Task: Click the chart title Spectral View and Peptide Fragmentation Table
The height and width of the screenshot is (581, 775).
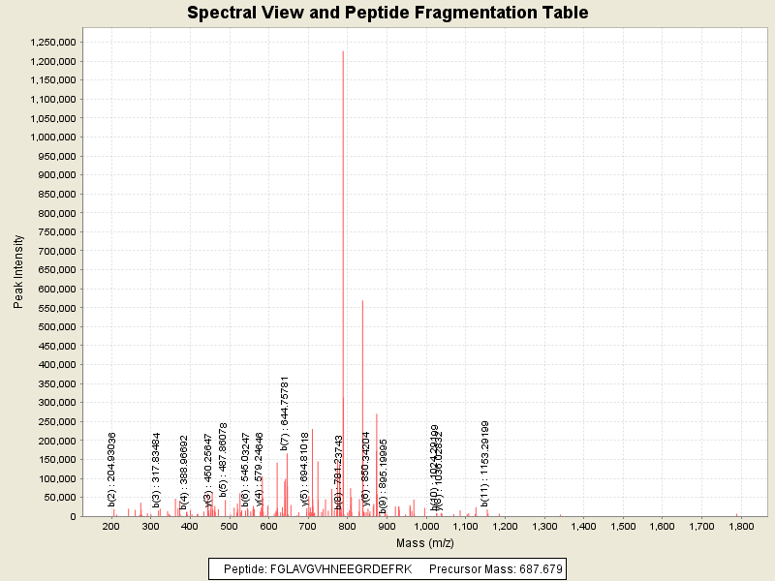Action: coord(387,14)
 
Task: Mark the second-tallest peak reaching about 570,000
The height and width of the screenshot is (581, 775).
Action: coord(362,407)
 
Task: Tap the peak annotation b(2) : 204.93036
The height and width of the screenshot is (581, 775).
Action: coord(112,469)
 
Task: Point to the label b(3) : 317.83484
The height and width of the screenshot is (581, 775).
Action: coord(156,470)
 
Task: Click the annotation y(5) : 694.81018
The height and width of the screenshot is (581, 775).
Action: coord(305,470)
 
